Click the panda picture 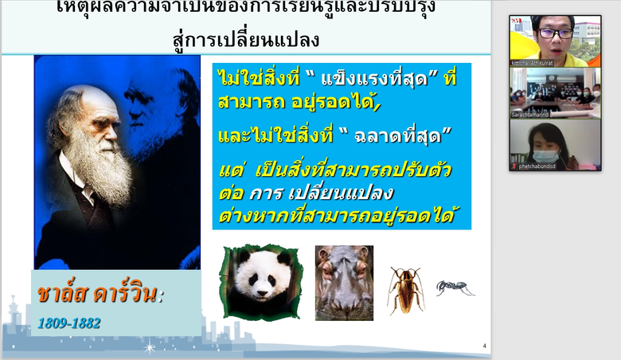pyautogui.click(x=261, y=281)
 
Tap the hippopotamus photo pyautogui.click(x=344, y=282)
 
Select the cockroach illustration pyautogui.click(x=405, y=289)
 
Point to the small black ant pyautogui.click(x=455, y=287)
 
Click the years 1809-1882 pyautogui.click(x=69, y=323)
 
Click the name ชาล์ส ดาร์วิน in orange pyautogui.click(x=99, y=294)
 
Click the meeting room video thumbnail pyautogui.click(x=555, y=92)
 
